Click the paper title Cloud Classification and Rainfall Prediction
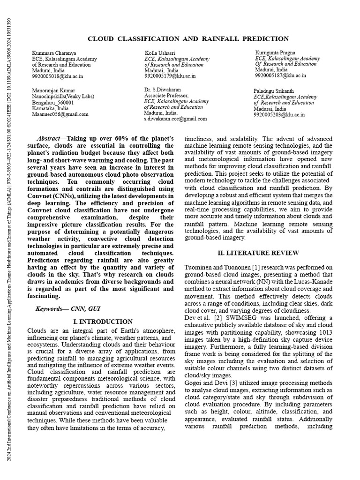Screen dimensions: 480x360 click(x=188, y=39)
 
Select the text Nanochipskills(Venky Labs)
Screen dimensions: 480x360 click(x=64, y=96)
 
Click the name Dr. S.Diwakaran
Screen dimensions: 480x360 click(x=163, y=89)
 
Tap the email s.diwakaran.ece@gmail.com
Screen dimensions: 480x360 click(x=175, y=119)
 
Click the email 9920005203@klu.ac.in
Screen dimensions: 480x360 click(x=279, y=114)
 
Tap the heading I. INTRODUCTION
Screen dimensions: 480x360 click(x=103, y=322)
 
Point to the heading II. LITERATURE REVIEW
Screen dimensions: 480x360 click(x=258, y=253)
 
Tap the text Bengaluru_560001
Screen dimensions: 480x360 click(x=53, y=102)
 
